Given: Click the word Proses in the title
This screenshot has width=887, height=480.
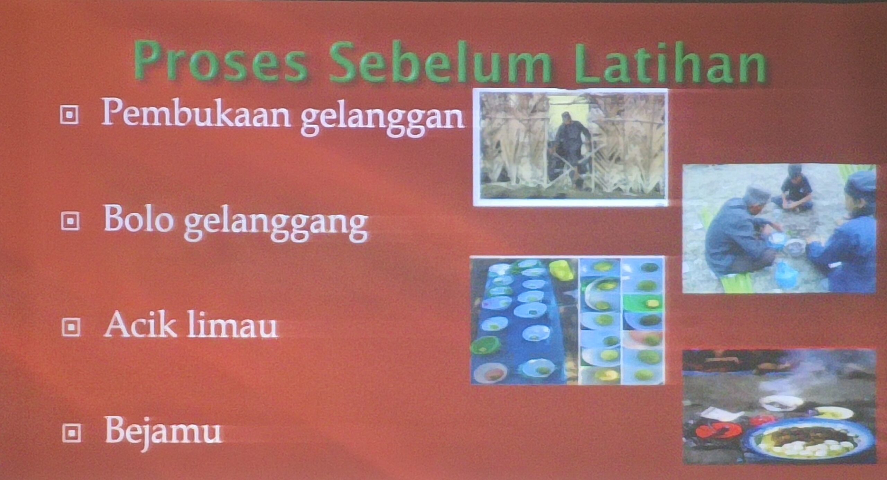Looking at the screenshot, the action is [221, 62].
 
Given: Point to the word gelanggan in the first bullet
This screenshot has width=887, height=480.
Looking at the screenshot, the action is [383, 118].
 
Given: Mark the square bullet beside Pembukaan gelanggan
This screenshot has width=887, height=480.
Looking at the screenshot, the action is [69, 114].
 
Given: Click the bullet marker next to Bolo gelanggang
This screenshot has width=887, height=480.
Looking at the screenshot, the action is [70, 221].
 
